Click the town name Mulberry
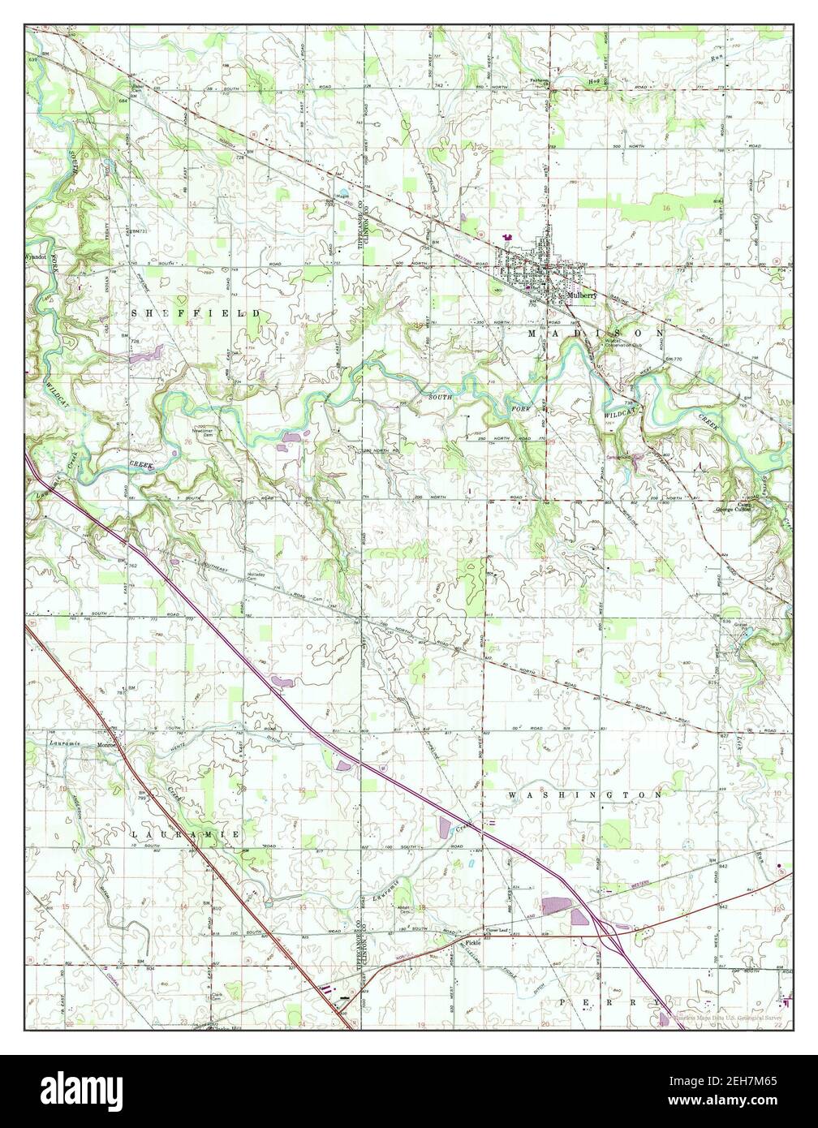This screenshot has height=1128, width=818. [582, 297]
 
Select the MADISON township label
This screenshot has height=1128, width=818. [596, 334]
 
